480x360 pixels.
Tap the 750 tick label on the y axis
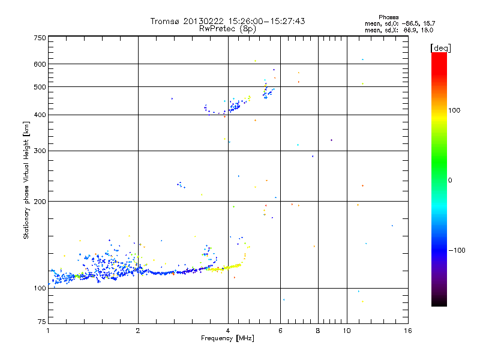40,38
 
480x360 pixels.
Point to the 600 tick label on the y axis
40,64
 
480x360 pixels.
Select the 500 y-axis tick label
40,87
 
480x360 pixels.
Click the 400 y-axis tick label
40,115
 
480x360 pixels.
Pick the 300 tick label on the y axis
40,151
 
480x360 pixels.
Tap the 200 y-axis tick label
40,201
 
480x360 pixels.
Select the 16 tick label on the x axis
407,331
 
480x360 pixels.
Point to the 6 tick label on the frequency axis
280,331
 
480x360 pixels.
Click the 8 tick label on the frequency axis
318,331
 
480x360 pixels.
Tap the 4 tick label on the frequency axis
227,331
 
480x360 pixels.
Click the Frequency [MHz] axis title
227,338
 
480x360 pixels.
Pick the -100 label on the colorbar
458,250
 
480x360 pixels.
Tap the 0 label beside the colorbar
451,180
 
